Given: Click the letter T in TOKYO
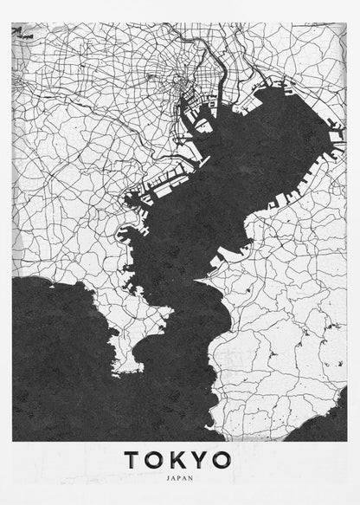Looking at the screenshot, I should tap(133, 459).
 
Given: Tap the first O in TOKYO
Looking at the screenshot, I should tap(157, 459).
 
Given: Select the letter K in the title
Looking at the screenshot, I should tap(179, 459).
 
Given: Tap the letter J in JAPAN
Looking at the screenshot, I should tap(168, 476).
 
